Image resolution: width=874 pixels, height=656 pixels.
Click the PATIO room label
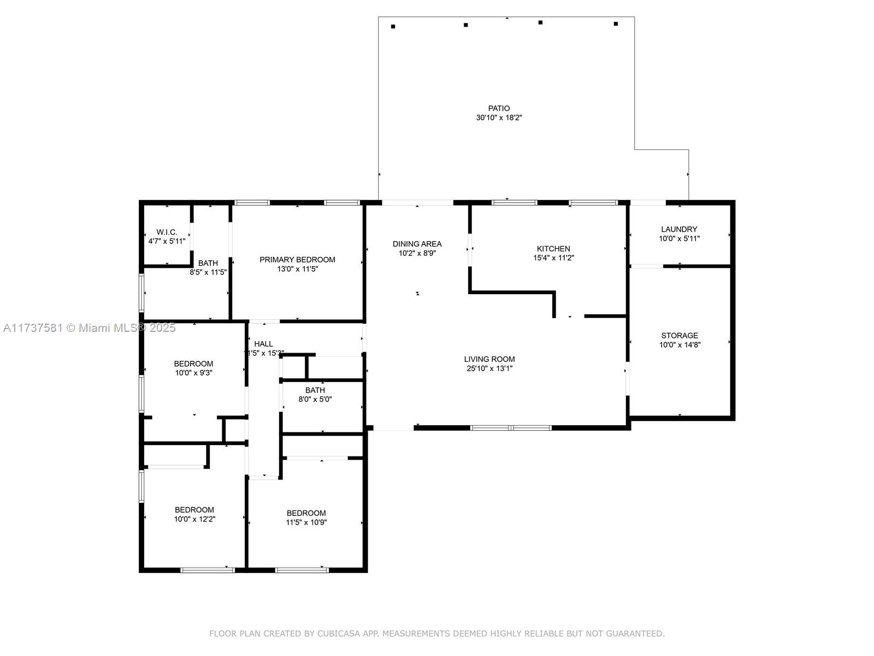pyautogui.click(x=499, y=108)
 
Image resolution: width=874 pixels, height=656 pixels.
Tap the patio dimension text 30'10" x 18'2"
pyautogui.click(x=499, y=118)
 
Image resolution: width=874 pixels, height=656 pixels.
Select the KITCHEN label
pyautogui.click(x=553, y=249)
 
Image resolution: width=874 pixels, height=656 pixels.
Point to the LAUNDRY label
pyautogui.click(x=679, y=230)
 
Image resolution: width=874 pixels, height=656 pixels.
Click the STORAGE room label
pyautogui.click(x=680, y=336)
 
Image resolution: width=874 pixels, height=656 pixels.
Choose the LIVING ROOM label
pyautogui.click(x=489, y=359)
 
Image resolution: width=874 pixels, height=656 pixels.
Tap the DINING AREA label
pyautogui.click(x=417, y=244)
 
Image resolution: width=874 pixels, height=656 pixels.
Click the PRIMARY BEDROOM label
pyautogui.click(x=297, y=260)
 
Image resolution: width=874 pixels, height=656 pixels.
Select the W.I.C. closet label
pyautogui.click(x=167, y=232)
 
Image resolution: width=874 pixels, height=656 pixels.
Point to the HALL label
pyautogui.click(x=264, y=344)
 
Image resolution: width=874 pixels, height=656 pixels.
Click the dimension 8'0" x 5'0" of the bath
pyautogui.click(x=315, y=399)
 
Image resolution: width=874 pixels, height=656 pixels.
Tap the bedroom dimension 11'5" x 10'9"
pyautogui.click(x=306, y=522)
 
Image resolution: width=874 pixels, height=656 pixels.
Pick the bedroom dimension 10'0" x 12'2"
pyautogui.click(x=194, y=519)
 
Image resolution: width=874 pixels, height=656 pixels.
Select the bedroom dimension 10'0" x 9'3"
pyautogui.click(x=193, y=373)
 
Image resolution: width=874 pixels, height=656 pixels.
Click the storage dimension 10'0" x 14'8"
pyautogui.click(x=680, y=345)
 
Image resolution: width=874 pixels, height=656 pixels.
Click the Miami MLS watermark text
pyautogui.click(x=89, y=328)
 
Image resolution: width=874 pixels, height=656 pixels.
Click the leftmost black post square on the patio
pyautogui.click(x=393, y=27)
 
